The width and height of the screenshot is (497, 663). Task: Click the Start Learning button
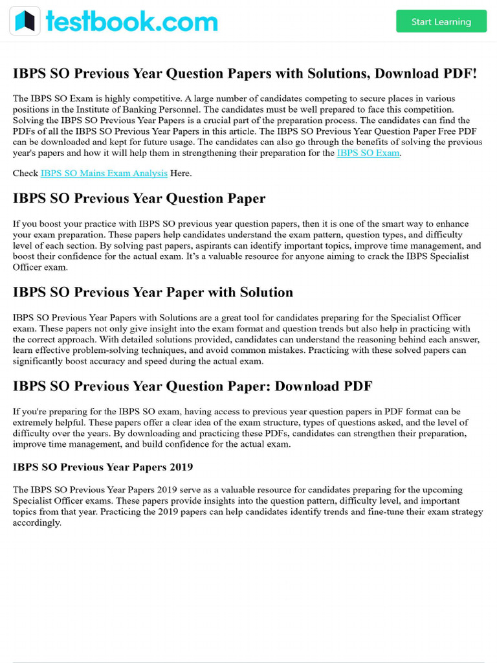click(x=441, y=21)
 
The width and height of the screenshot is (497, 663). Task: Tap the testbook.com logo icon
click(x=25, y=21)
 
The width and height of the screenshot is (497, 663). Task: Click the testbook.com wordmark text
click(x=131, y=21)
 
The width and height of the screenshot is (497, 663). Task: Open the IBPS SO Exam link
click(x=368, y=153)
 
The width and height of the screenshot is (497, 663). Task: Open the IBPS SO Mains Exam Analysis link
click(x=104, y=174)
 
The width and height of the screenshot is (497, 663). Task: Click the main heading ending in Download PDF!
click(x=245, y=74)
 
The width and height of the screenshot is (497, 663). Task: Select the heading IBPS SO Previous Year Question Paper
click(x=139, y=198)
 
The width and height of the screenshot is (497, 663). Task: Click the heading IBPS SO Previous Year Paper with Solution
click(x=153, y=293)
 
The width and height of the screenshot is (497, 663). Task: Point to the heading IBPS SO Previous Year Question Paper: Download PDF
click(x=192, y=387)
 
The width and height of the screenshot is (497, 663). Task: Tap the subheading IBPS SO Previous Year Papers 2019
click(x=103, y=467)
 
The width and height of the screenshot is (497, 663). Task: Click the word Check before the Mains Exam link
click(x=25, y=174)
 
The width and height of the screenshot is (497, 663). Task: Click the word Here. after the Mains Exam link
click(x=181, y=174)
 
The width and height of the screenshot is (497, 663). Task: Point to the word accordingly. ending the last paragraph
click(x=37, y=523)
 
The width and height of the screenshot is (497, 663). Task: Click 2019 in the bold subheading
click(x=181, y=467)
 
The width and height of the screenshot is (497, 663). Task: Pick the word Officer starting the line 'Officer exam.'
click(x=27, y=267)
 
